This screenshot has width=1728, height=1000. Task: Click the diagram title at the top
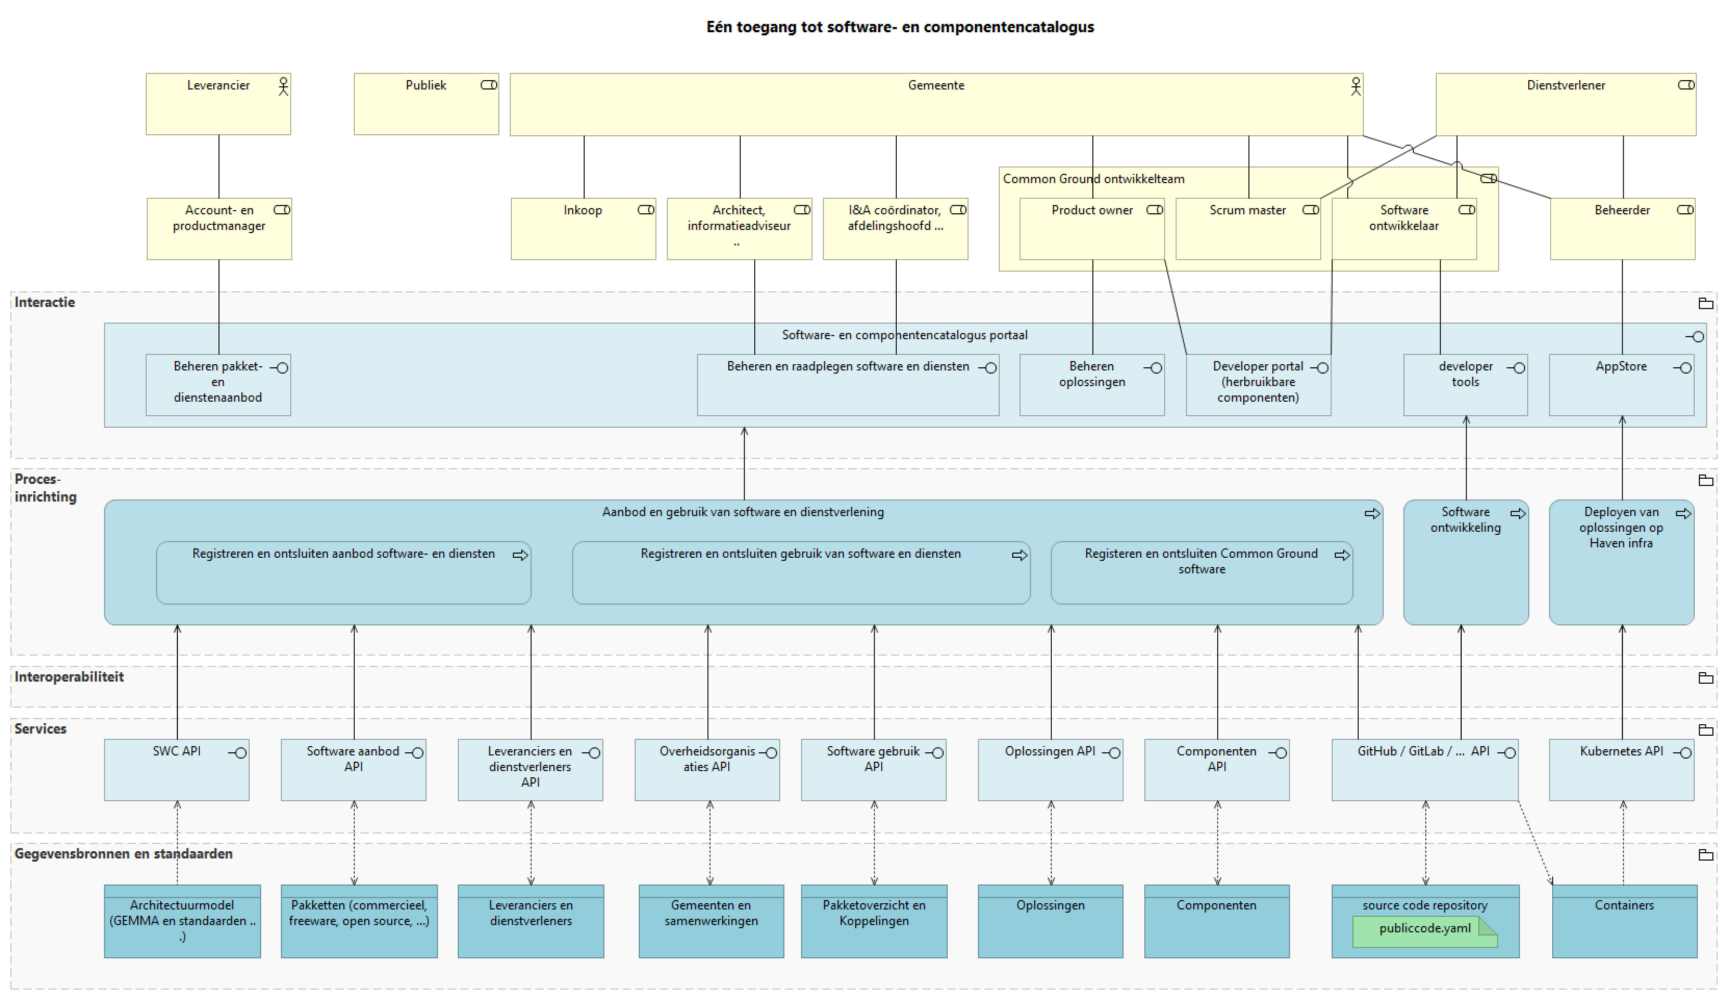tap(900, 27)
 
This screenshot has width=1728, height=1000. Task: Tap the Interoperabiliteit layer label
tap(69, 677)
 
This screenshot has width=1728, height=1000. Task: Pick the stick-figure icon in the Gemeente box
tap(1355, 86)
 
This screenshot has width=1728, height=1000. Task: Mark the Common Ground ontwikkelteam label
tap(1093, 179)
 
